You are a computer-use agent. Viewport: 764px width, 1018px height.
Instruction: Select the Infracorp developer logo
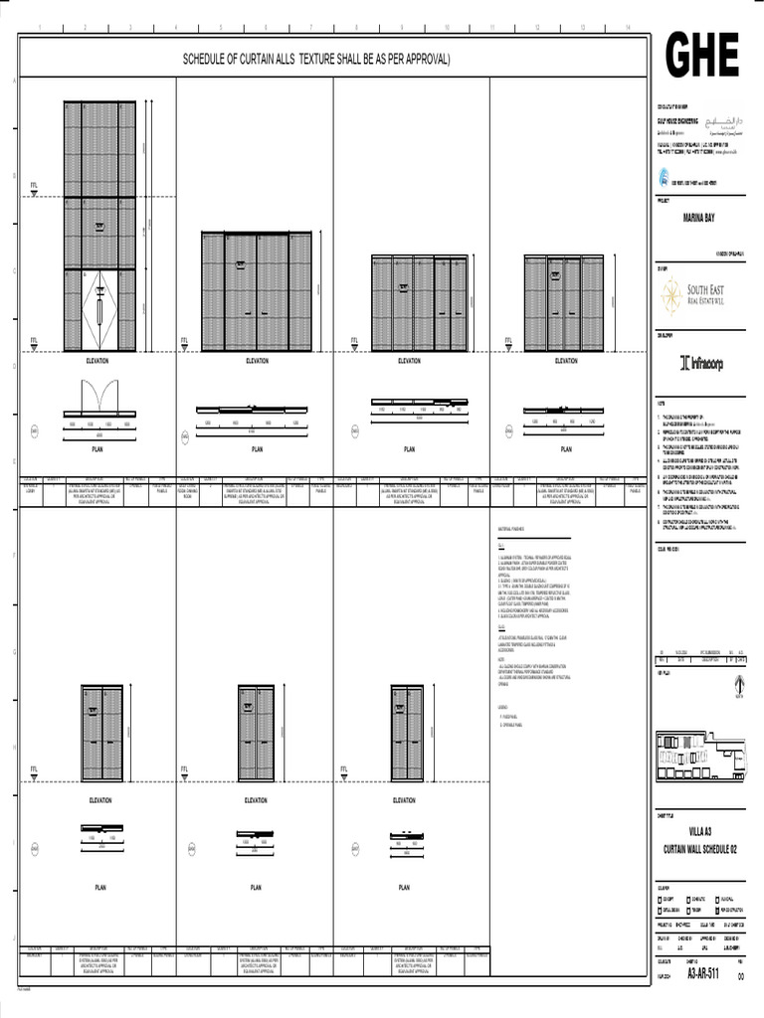(x=701, y=364)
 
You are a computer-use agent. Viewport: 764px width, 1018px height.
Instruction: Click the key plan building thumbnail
(x=698, y=755)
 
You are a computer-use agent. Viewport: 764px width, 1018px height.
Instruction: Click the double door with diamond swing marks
(x=99, y=308)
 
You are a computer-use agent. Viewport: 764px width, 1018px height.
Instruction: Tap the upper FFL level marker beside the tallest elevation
(x=34, y=185)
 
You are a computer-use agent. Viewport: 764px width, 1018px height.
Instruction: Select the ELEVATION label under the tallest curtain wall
(x=97, y=361)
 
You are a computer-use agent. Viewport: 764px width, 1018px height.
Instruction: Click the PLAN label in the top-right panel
(x=566, y=449)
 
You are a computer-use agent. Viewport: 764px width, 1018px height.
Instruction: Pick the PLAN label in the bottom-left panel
(x=100, y=887)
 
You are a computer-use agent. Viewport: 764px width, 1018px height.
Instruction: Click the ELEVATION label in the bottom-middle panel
(x=256, y=800)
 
